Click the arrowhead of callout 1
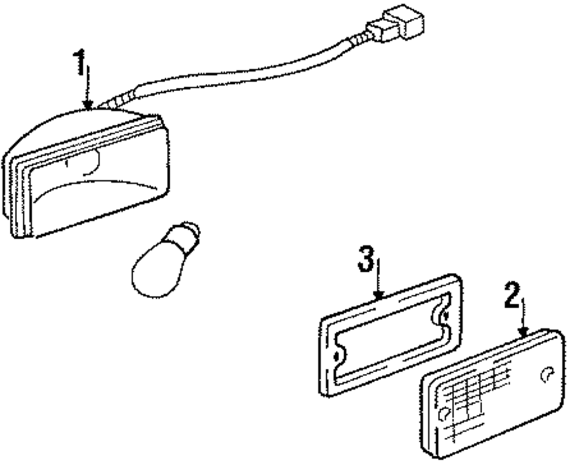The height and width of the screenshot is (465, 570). click(87, 105)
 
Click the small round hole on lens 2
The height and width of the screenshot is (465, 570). click(546, 374)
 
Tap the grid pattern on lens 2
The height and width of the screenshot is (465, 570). click(473, 393)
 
